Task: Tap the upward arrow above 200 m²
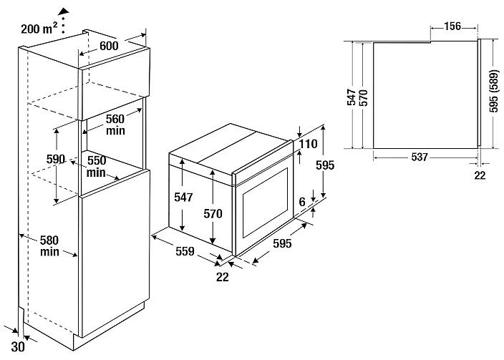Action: (x=64, y=11)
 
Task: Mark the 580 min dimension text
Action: (x=49, y=246)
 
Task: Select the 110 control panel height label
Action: (x=309, y=145)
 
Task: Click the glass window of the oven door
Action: (x=266, y=201)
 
